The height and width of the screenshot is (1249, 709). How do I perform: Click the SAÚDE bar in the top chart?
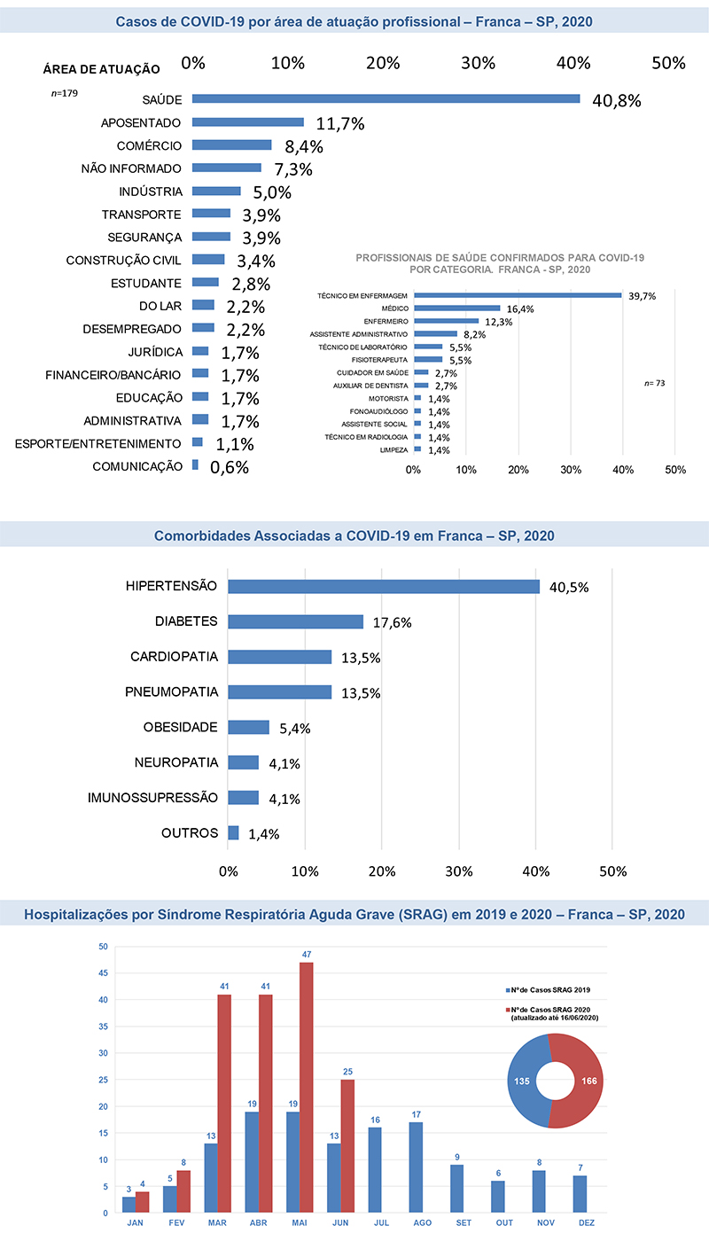[x=386, y=98]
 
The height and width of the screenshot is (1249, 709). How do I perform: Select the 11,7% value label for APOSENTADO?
[x=340, y=123]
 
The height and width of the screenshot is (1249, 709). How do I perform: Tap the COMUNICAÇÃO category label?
[x=137, y=466]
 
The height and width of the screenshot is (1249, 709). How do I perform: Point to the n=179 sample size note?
[x=64, y=93]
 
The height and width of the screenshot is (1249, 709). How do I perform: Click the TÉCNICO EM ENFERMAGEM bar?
[x=518, y=295]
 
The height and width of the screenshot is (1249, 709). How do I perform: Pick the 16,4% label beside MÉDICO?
[x=520, y=308]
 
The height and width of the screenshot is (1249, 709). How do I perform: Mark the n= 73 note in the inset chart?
[x=654, y=383]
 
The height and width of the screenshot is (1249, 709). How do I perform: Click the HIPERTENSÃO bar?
[x=384, y=587]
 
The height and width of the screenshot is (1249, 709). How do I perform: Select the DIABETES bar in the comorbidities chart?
[x=295, y=621]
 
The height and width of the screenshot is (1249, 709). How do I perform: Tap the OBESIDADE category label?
[x=180, y=727]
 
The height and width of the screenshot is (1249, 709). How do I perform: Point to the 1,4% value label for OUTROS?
[x=263, y=834]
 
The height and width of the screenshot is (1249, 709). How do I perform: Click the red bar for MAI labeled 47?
[x=307, y=1088]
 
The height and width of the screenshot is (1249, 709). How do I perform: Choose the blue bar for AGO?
[x=416, y=1167]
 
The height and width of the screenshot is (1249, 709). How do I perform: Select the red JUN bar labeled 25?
[x=347, y=1146]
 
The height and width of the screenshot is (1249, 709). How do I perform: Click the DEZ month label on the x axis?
[x=587, y=1222]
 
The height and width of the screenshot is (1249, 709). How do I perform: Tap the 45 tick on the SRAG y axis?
[x=103, y=973]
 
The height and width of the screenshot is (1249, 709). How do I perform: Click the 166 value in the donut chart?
[x=589, y=1081]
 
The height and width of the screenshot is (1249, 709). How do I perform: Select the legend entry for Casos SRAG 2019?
[x=548, y=990]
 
